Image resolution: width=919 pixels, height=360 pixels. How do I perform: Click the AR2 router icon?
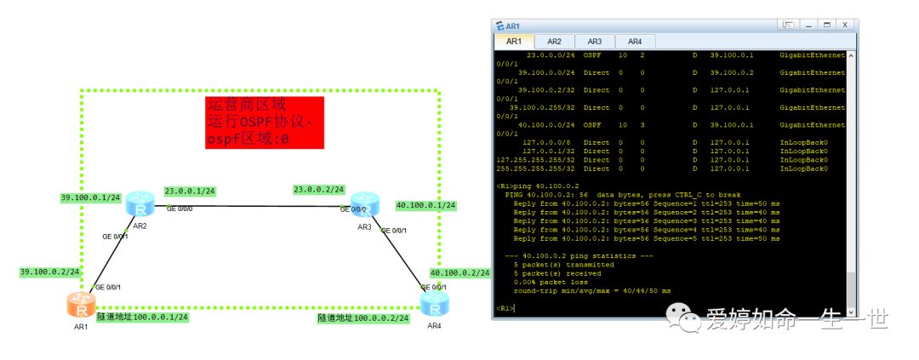coord(138,204)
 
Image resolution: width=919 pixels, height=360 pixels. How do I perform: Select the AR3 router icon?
coord(364,204)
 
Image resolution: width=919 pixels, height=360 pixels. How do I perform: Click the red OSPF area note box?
coord(265,123)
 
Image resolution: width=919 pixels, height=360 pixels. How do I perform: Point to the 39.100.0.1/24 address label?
coord(90,197)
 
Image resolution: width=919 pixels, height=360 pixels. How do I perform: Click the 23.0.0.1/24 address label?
coord(190,191)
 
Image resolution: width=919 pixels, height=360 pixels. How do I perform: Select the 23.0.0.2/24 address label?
coord(318,189)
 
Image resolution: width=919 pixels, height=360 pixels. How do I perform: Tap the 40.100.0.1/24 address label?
coord(426,205)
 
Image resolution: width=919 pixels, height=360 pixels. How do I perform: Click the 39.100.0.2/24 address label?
coord(50,272)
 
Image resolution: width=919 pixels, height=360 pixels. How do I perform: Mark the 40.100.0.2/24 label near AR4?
coord(460,273)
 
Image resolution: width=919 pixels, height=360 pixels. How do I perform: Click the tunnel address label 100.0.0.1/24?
coord(142,317)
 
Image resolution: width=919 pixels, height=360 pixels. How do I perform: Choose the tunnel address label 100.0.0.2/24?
coord(363,317)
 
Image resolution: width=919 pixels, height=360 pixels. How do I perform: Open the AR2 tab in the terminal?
coord(554,41)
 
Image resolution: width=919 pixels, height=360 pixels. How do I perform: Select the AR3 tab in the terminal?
coord(595,41)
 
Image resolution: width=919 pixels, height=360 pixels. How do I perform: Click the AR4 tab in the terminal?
coord(635,41)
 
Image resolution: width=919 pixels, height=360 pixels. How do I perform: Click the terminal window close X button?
coord(845,25)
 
